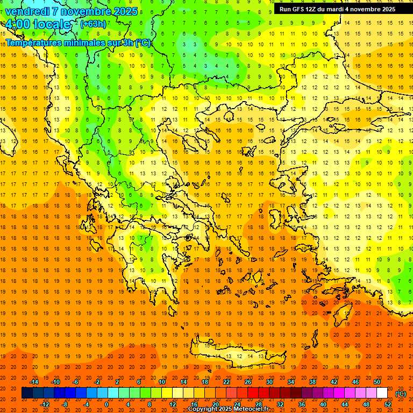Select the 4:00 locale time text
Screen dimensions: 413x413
(37, 24)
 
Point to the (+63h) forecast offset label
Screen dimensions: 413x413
(93, 24)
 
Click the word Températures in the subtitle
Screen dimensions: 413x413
(34, 43)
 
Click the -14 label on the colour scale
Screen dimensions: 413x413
(34, 382)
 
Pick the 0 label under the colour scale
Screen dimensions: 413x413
(106, 404)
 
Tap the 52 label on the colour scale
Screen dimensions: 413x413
(388, 404)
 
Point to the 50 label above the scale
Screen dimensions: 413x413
(377, 382)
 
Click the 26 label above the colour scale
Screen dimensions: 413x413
(248, 382)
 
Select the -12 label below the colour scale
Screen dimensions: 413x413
(45, 404)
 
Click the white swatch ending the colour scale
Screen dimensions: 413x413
(382, 393)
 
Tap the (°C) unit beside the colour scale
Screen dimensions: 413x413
(401, 393)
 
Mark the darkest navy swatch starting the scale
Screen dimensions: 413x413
(27, 393)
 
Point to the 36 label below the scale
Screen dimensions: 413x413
(301, 404)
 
